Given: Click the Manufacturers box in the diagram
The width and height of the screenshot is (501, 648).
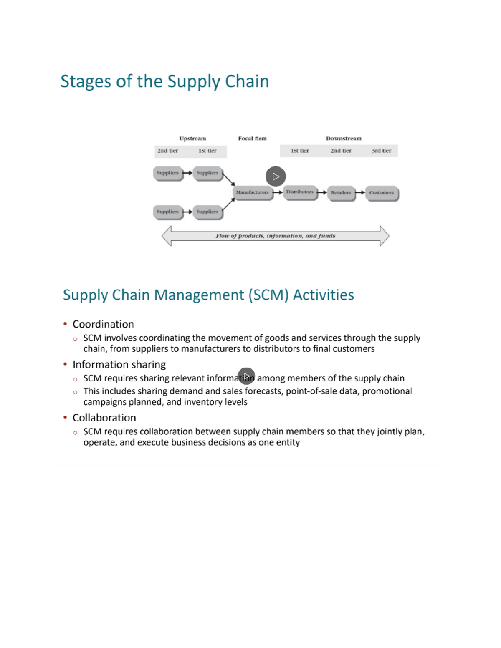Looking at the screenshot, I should pyautogui.click(x=252, y=192).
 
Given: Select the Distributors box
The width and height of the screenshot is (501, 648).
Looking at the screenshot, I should pyautogui.click(x=299, y=192).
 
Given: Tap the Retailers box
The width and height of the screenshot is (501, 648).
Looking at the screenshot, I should pyautogui.click(x=341, y=193).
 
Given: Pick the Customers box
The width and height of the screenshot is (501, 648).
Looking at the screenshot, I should pyautogui.click(x=381, y=193).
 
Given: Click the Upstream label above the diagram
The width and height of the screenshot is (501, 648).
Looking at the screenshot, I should pyautogui.click(x=192, y=139).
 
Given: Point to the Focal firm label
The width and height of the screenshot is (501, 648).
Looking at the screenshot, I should pyautogui.click(x=252, y=139).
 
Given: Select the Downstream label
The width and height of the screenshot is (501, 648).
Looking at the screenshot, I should pyautogui.click(x=344, y=139).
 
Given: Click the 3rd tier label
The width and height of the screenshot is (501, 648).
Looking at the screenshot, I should pyautogui.click(x=381, y=151).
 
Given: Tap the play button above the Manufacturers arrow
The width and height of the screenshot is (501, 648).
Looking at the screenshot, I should pyautogui.click(x=276, y=176).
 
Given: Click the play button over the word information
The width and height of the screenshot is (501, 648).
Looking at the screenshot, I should pyautogui.click(x=246, y=376).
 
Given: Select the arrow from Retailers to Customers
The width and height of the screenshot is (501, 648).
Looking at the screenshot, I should pyautogui.click(x=360, y=193).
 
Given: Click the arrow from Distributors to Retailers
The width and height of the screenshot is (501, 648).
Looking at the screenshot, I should pyautogui.click(x=321, y=193).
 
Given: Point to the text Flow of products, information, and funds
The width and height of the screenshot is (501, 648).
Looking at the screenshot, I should pyautogui.click(x=275, y=236).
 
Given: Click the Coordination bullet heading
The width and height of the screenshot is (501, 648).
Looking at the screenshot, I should pyautogui.click(x=103, y=324).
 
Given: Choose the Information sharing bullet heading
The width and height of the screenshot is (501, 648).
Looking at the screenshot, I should pyautogui.click(x=119, y=365).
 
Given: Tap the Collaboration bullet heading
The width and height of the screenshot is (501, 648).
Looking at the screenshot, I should pyautogui.click(x=104, y=418).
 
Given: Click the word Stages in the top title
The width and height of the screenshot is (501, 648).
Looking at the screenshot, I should pyautogui.click(x=86, y=82).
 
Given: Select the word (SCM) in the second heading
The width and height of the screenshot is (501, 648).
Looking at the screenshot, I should pyautogui.click(x=268, y=295).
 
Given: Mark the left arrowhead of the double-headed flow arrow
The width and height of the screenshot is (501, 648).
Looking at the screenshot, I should pyautogui.click(x=167, y=236).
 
